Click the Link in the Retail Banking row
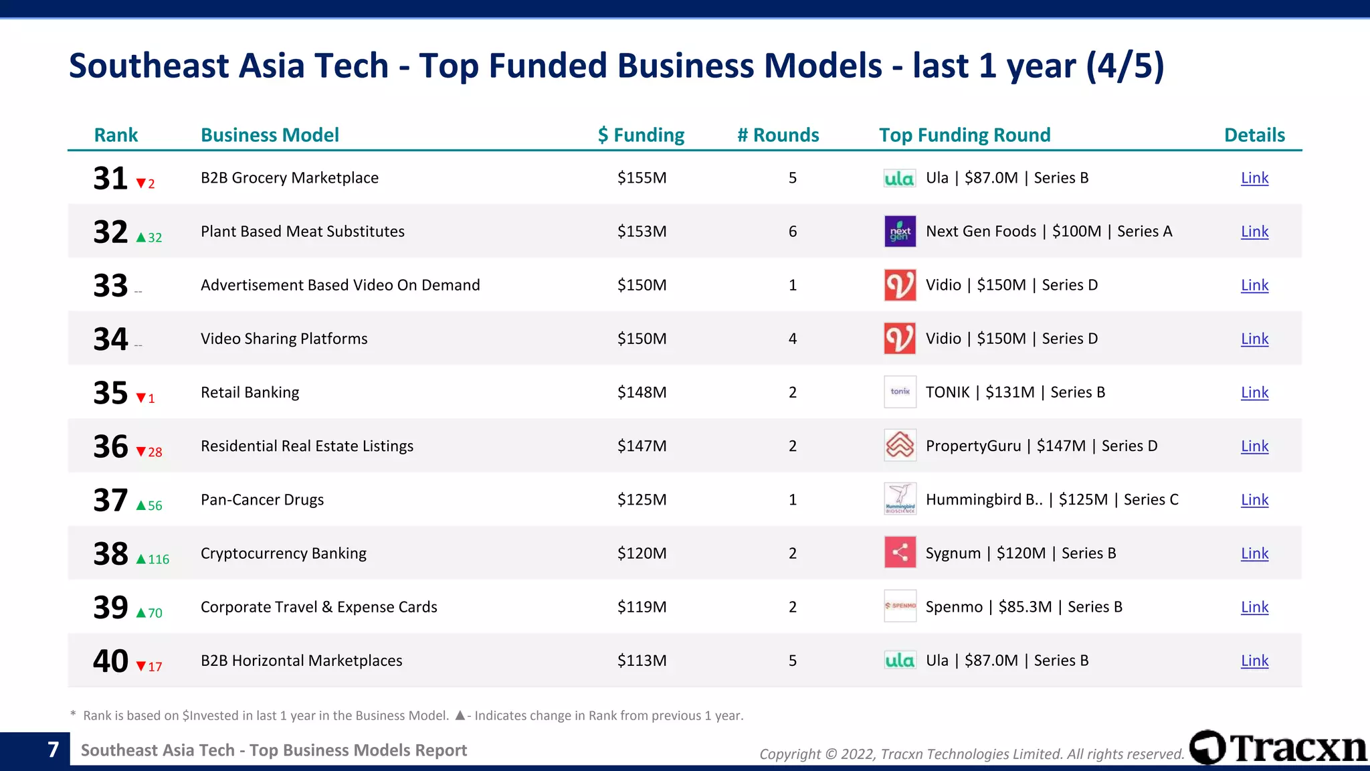(1254, 392)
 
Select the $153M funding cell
(642, 232)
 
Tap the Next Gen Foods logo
(900, 232)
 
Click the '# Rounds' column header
(778, 135)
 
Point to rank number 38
(110, 554)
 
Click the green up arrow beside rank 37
(141, 506)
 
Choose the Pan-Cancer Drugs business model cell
(262, 500)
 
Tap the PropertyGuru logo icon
(900, 446)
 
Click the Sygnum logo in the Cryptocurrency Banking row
(900, 553)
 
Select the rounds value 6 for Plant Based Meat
(793, 232)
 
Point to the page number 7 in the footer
(54, 750)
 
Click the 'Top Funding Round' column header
(965, 135)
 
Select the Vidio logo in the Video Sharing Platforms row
(900, 339)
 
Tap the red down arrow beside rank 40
(141, 667)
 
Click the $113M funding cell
(642, 661)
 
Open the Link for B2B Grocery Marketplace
(1254, 178)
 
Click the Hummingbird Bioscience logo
(900, 499)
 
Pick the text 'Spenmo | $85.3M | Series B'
(1023, 607)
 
